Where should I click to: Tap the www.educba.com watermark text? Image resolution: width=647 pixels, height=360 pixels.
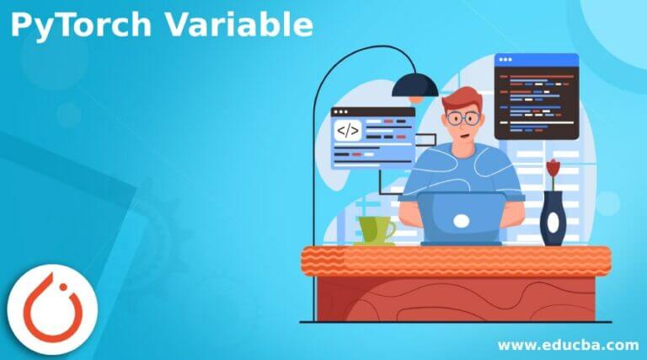click(x=567, y=344)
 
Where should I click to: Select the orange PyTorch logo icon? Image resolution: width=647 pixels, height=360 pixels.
click(x=52, y=310)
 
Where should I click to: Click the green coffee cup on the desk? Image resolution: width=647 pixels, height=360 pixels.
click(x=374, y=228)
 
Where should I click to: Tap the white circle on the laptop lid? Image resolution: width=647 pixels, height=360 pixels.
click(x=462, y=222)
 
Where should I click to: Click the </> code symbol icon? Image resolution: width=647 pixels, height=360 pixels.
click(x=348, y=131)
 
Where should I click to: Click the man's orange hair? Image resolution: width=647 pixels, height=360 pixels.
click(x=460, y=99)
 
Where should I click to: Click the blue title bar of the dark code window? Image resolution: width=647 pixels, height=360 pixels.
click(x=537, y=60)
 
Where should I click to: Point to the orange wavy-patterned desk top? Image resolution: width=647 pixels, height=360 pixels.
click(x=456, y=259)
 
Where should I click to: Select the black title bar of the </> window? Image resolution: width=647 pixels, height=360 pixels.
click(x=373, y=111)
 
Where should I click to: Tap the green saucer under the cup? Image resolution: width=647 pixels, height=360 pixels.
click(x=374, y=244)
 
